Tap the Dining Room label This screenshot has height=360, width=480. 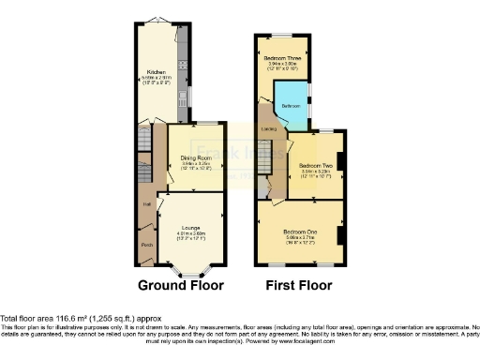(195, 157)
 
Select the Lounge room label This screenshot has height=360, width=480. (191, 221)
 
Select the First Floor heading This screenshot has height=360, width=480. (299, 285)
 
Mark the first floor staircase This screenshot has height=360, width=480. (264, 157)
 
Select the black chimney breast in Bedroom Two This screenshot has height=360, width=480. (339, 162)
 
